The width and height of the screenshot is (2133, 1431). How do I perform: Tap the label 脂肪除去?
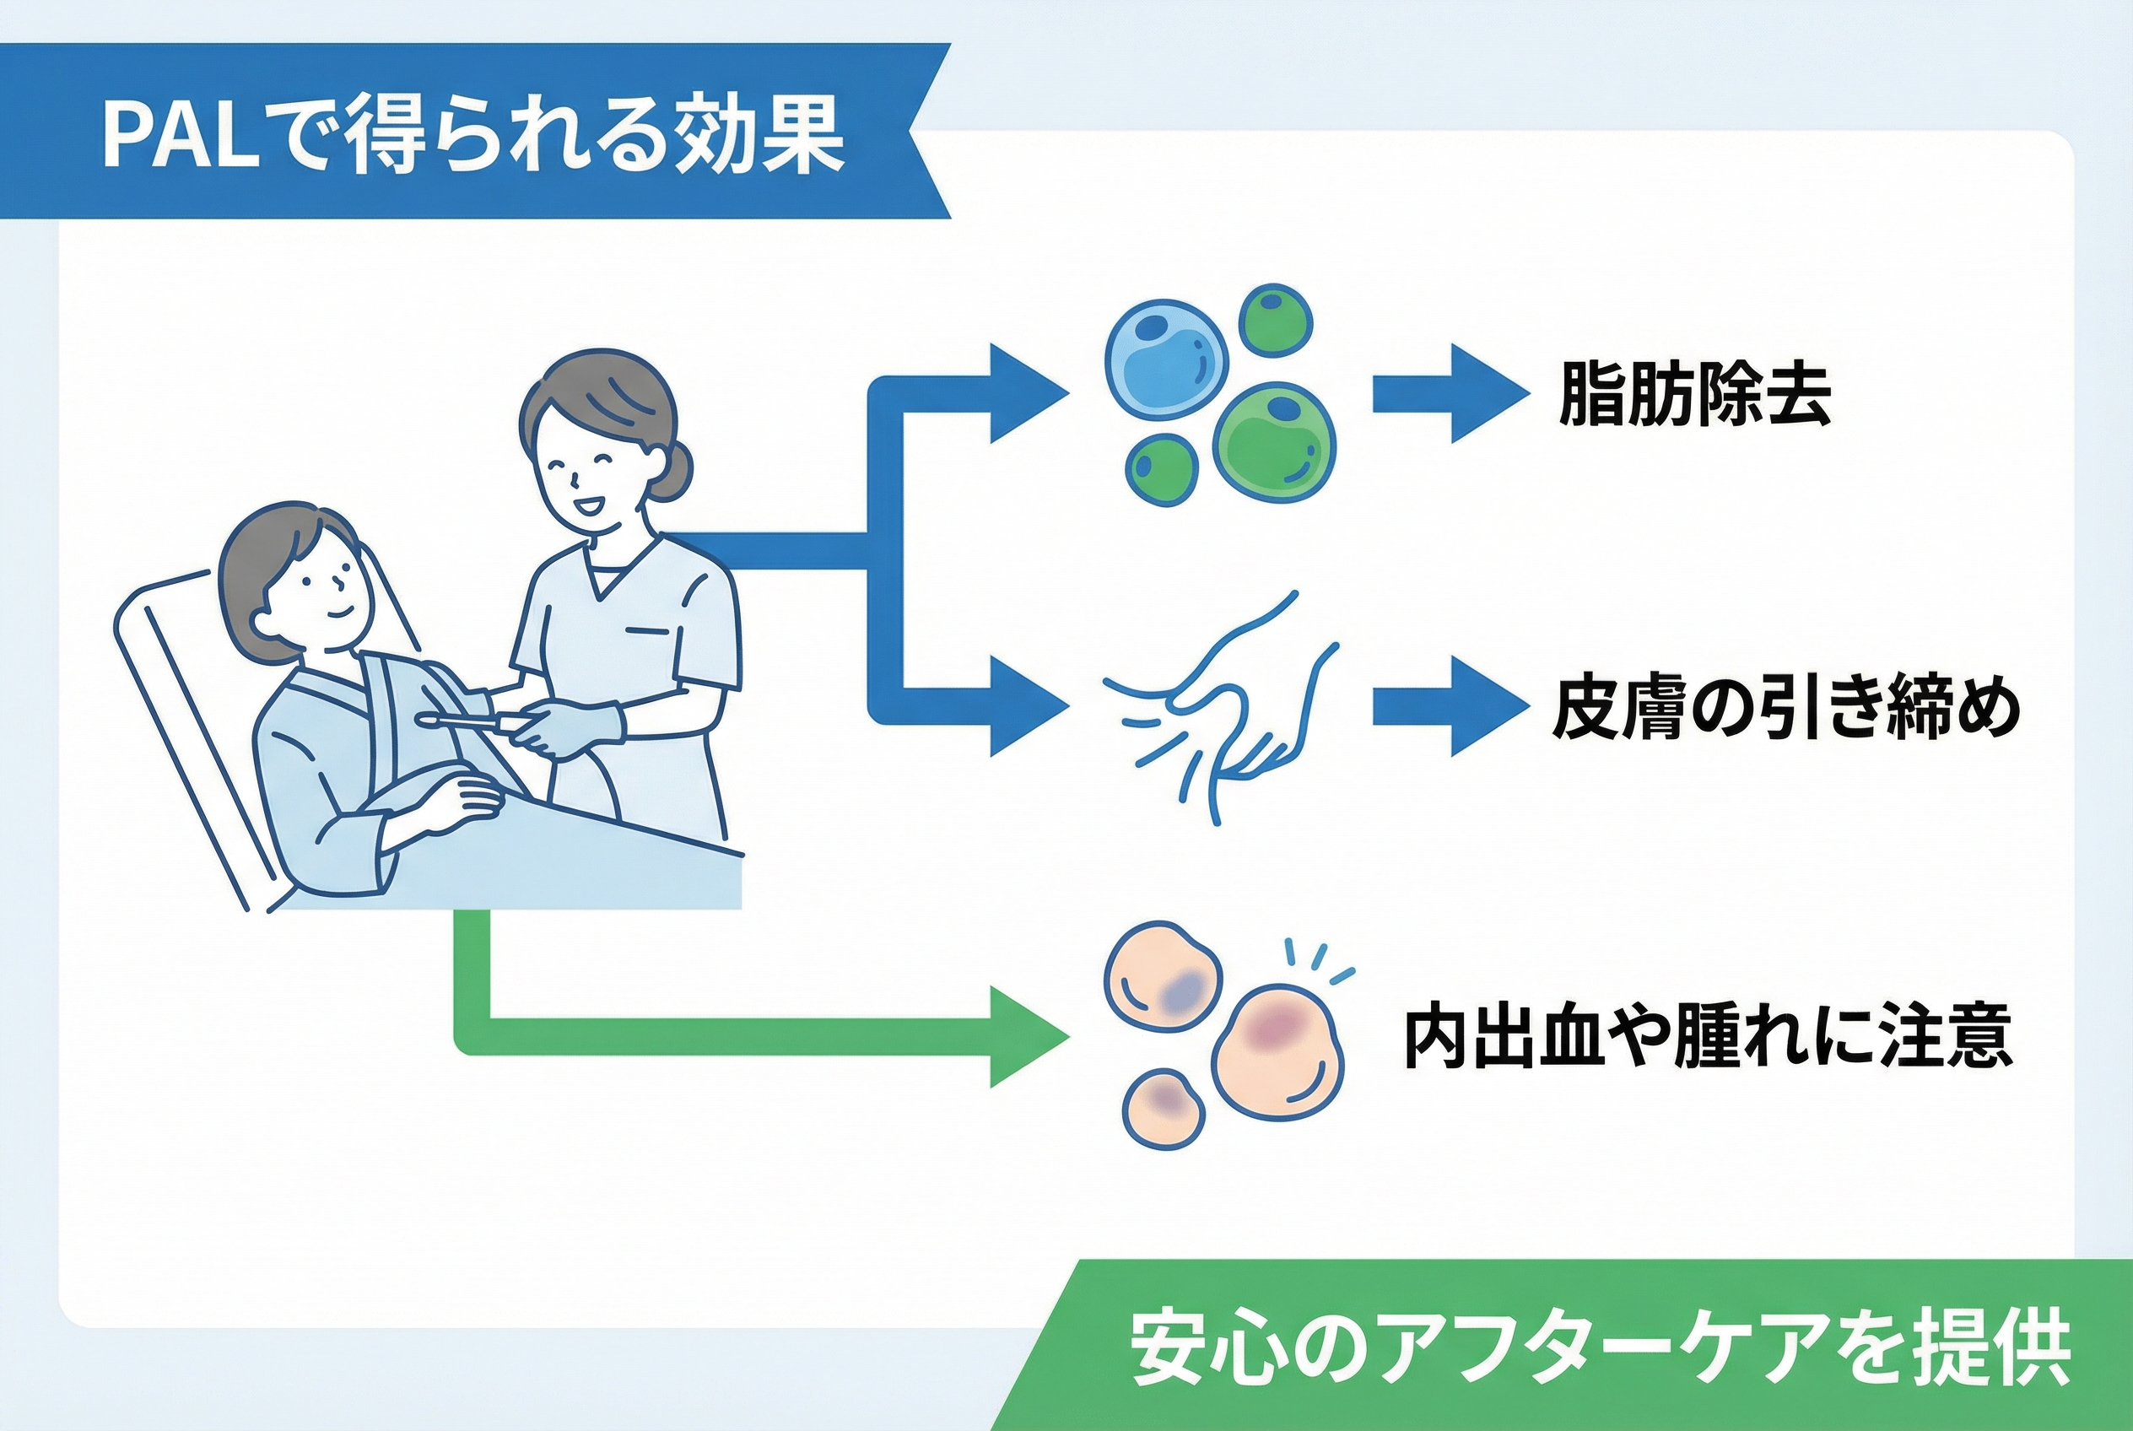(1694, 394)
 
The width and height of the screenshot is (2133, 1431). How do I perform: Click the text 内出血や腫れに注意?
(1707, 1038)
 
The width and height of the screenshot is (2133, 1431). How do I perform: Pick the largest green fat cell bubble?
(1275, 442)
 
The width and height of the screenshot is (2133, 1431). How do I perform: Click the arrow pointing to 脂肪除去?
(1451, 394)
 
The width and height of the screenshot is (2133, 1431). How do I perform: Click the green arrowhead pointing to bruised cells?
(1029, 1038)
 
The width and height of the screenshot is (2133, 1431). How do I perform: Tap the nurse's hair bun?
(671, 468)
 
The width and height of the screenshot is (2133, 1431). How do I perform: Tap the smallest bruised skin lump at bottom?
(1163, 1108)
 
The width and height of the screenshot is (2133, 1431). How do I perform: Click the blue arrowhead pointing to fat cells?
(1029, 394)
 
